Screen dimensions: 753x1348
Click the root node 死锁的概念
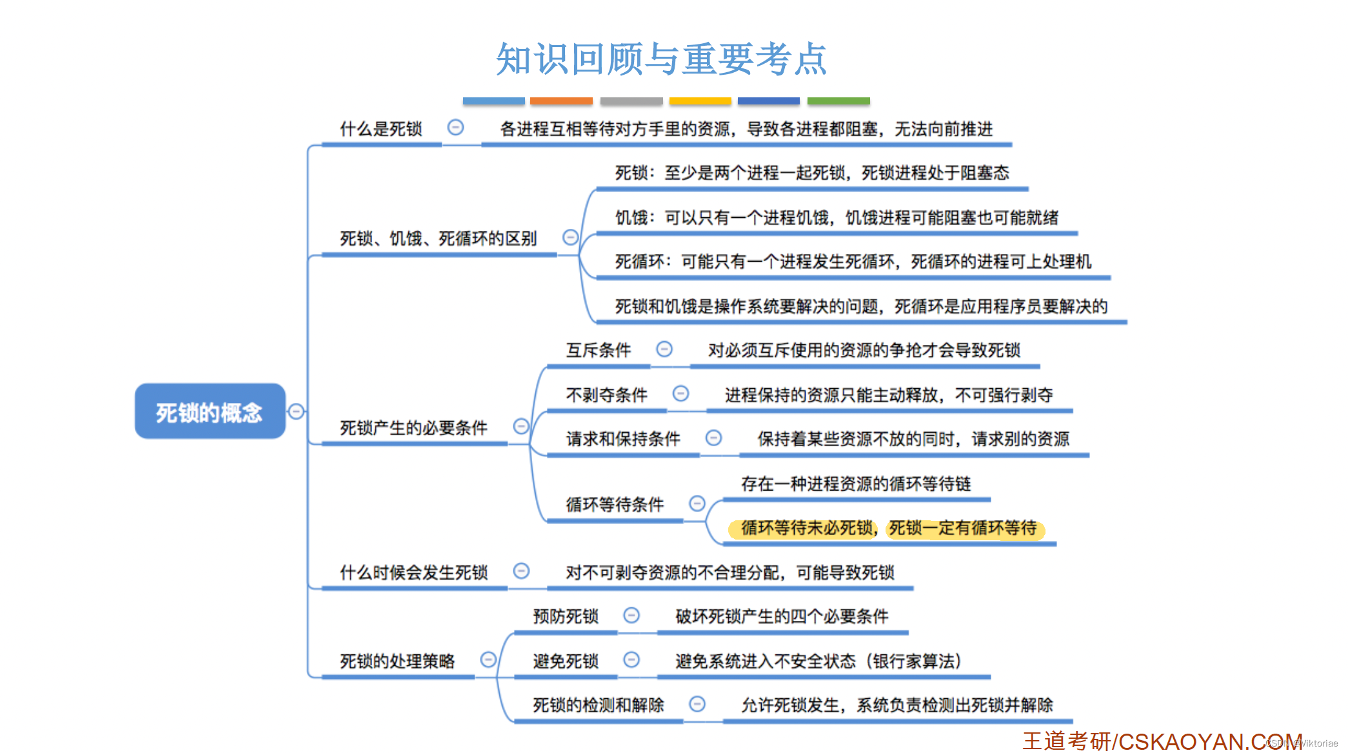point(210,412)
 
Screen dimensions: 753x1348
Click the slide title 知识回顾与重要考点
point(661,59)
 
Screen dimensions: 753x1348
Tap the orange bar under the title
point(561,101)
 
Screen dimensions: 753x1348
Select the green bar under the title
point(838,101)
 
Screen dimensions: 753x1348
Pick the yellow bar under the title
point(700,101)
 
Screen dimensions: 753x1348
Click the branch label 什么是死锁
point(381,129)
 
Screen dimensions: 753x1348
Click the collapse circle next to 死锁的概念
point(296,411)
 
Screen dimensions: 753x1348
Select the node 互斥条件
point(598,350)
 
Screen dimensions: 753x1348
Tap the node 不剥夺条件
point(606,395)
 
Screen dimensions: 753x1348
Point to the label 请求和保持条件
point(623,439)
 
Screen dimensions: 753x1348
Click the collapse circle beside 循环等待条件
point(697,504)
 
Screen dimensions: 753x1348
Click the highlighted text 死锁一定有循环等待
point(963,529)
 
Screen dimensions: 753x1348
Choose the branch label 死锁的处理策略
point(397,661)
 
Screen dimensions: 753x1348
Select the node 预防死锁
point(566,616)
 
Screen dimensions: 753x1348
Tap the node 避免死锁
point(566,661)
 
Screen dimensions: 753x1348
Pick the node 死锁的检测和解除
point(598,705)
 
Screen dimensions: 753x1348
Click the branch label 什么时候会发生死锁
point(413,572)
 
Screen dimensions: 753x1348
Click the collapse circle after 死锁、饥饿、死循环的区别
point(570,237)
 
